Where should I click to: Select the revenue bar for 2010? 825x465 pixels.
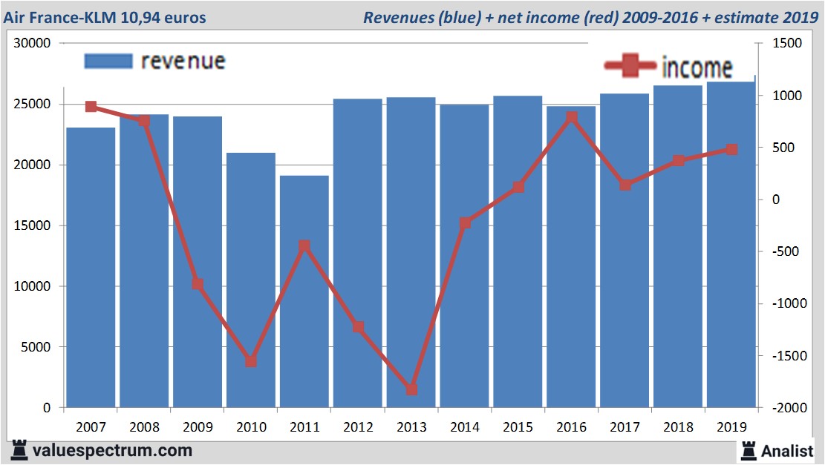pos(251,297)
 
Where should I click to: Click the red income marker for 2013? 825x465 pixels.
pos(411,389)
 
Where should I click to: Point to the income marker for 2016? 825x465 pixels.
pos(572,117)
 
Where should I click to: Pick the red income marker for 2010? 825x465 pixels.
pos(251,361)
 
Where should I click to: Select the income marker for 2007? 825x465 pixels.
pos(91,107)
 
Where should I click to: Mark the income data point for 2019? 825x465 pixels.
pos(731,149)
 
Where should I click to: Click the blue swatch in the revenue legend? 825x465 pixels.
pos(108,61)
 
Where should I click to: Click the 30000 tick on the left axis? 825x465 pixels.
pos(32,44)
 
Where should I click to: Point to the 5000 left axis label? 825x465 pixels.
pos(35,347)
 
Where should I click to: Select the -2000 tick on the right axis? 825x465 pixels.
pos(786,408)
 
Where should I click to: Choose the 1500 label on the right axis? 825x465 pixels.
pos(788,44)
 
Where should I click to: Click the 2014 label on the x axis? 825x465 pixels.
pos(465,427)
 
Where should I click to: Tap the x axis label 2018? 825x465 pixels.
pos(678,427)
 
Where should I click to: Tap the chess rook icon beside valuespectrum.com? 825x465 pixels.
pos(19,450)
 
